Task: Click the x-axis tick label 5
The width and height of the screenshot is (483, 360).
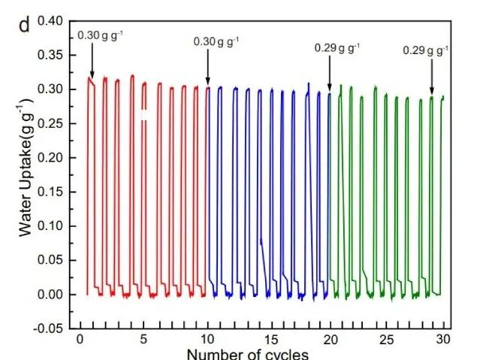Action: pyautogui.click(x=143, y=339)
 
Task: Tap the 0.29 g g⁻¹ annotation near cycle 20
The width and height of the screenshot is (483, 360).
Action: pyautogui.click(x=337, y=48)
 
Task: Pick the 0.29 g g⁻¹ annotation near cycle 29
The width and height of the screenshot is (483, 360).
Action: pyautogui.click(x=426, y=50)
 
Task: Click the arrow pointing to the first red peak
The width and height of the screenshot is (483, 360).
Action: pyautogui.click(x=92, y=60)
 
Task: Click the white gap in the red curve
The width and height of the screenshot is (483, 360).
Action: pyautogui.click(x=144, y=115)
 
